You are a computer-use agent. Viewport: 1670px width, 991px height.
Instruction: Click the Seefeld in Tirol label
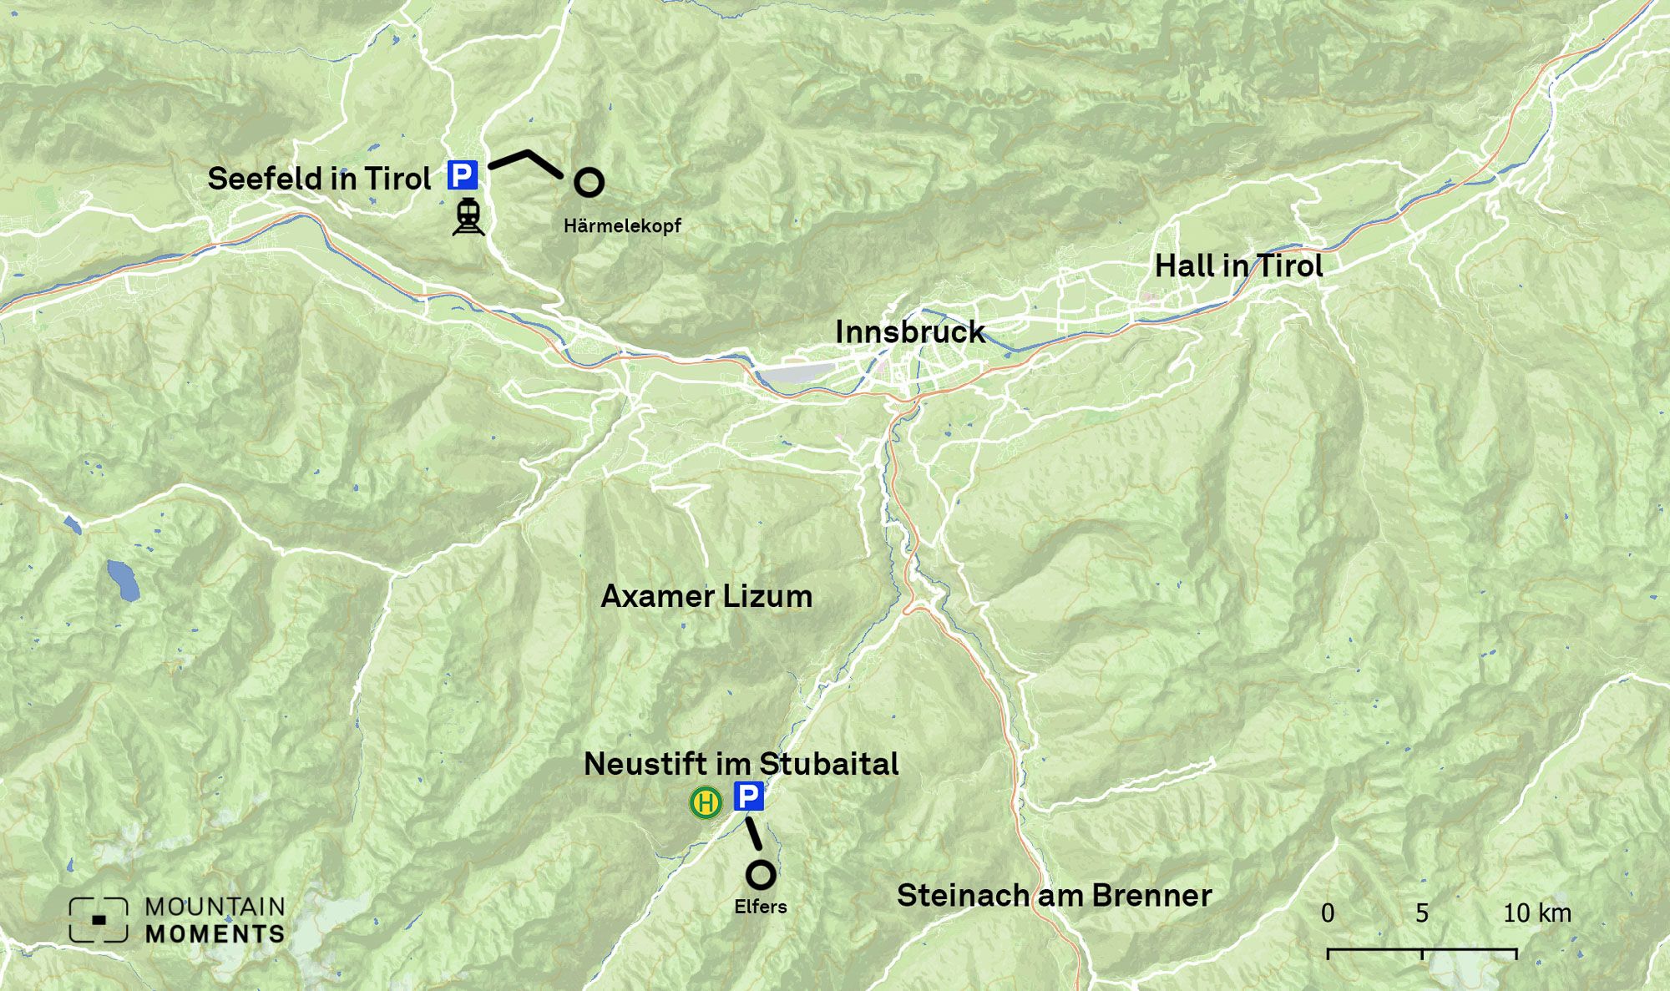[x=319, y=179]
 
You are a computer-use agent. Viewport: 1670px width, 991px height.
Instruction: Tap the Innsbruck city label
[x=910, y=332]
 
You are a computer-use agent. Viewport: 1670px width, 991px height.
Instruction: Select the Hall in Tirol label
[x=1238, y=266]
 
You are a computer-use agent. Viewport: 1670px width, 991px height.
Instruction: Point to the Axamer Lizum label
[x=706, y=596]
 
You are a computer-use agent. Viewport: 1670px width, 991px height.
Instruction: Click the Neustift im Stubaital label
[x=741, y=764]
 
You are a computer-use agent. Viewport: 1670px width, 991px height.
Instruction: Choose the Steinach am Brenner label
[x=1054, y=896]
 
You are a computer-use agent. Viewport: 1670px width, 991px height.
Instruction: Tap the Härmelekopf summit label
[x=622, y=225]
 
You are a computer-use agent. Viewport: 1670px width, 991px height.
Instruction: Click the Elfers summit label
[x=760, y=907]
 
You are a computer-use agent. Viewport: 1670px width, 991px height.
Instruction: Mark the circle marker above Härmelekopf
[x=589, y=182]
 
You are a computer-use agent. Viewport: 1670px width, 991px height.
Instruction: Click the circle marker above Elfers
[x=760, y=875]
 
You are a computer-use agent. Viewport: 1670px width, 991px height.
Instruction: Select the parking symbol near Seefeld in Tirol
[x=463, y=175]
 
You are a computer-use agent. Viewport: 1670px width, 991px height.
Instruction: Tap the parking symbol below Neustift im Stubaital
[x=749, y=796]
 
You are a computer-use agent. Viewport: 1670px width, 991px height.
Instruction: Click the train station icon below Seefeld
[x=468, y=217]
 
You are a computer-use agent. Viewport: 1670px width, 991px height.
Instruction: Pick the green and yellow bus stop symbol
[x=706, y=803]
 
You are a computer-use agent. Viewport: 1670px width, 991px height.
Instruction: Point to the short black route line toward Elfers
[x=754, y=833]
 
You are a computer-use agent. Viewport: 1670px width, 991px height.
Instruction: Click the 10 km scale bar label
[x=1536, y=913]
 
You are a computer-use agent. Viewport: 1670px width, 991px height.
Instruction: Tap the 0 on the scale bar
[x=1328, y=913]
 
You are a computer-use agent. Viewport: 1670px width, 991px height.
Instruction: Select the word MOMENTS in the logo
[x=215, y=934]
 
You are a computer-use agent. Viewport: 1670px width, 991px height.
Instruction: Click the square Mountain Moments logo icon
[x=99, y=920]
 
